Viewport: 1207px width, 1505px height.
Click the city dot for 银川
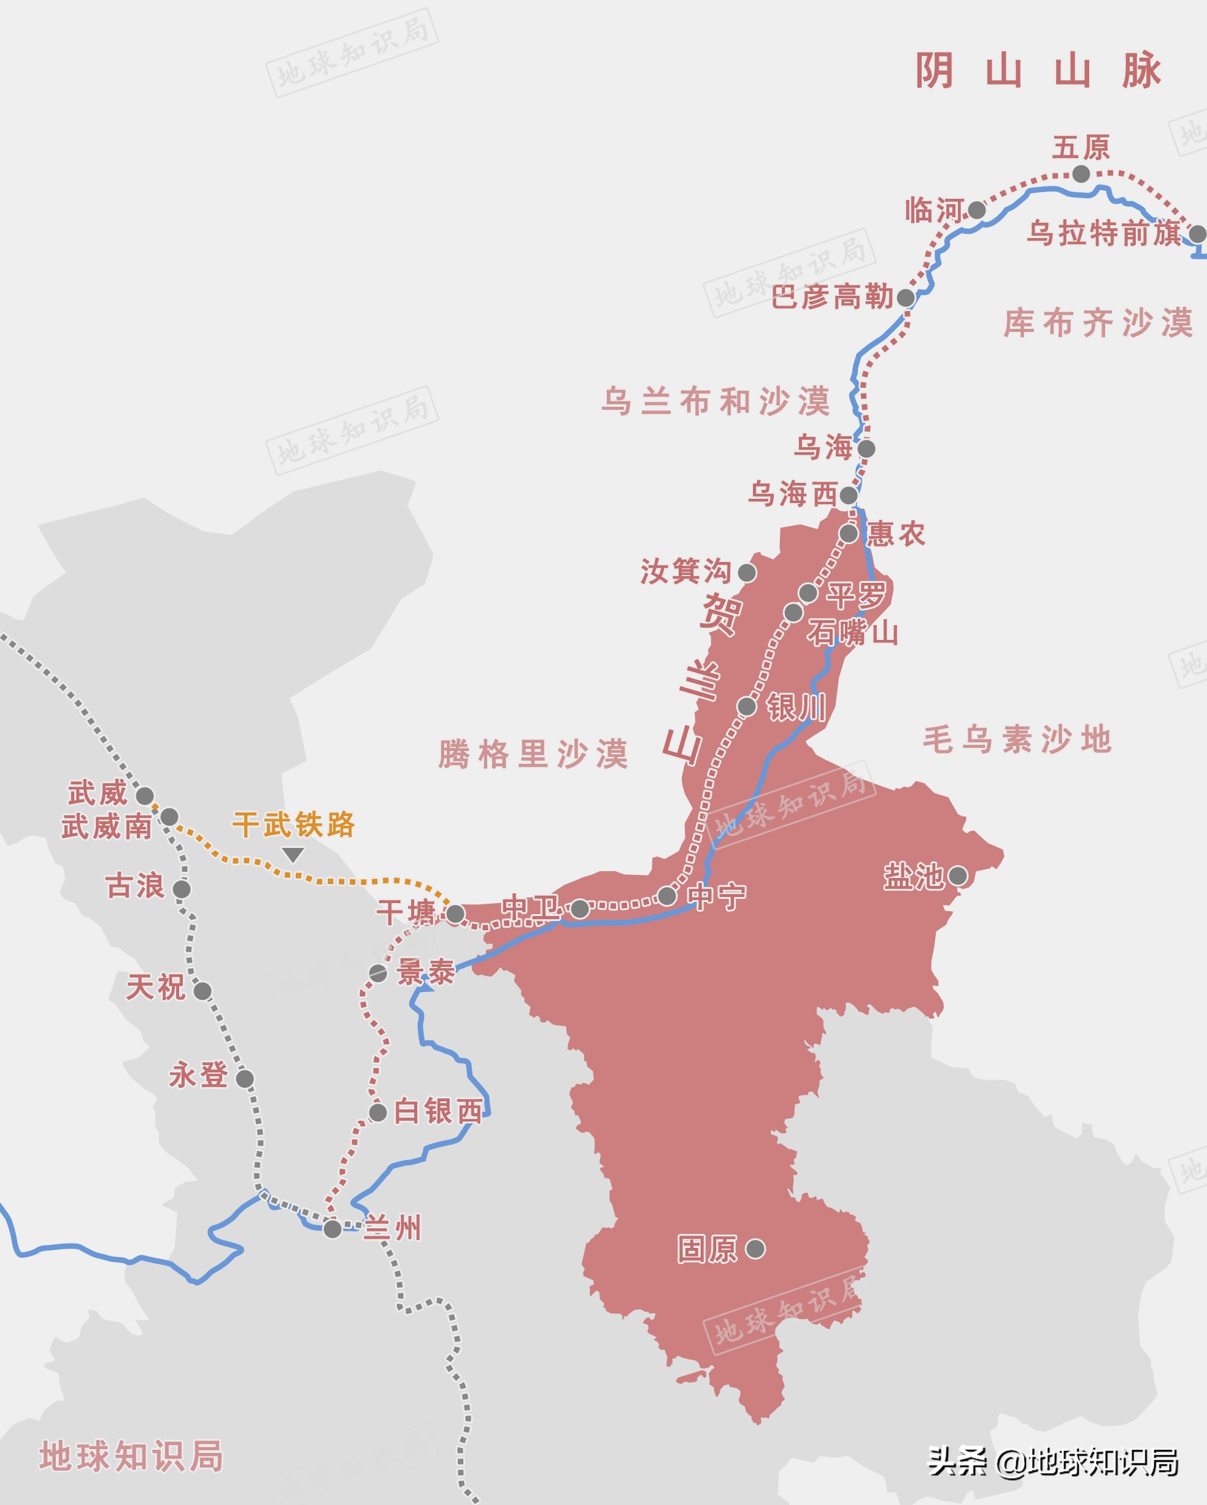746,706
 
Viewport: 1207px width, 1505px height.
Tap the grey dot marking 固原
755,1248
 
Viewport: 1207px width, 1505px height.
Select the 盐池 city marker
957,876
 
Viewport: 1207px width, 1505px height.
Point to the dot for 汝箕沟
746,572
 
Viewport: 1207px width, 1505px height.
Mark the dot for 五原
1080,173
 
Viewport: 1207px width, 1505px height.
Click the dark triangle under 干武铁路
293,855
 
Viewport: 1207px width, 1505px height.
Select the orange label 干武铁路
293,825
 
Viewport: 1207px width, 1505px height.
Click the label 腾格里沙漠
533,754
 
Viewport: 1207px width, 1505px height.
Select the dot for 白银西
377,1113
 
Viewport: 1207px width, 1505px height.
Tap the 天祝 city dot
202,990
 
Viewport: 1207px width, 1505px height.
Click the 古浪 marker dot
182,888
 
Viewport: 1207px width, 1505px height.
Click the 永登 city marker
244,1079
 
